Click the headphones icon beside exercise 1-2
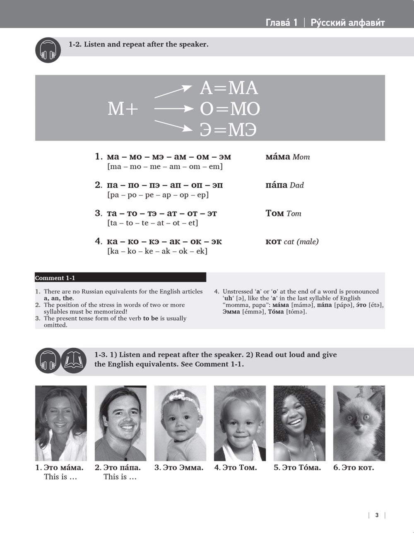coord(48,50)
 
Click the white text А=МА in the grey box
coord(229,88)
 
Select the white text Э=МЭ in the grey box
coord(228,130)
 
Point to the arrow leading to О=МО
coord(174,109)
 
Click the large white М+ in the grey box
coord(123,109)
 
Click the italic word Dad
coord(296,185)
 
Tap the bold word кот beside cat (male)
coord(273,242)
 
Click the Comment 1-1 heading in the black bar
coord(55,278)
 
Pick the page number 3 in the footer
coord(377,515)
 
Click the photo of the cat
coord(359,423)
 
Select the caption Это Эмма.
coord(179,468)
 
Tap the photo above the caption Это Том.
coord(240,423)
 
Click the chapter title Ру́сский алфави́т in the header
coord(347,23)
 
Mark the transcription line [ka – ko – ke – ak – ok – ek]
coord(157,251)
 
